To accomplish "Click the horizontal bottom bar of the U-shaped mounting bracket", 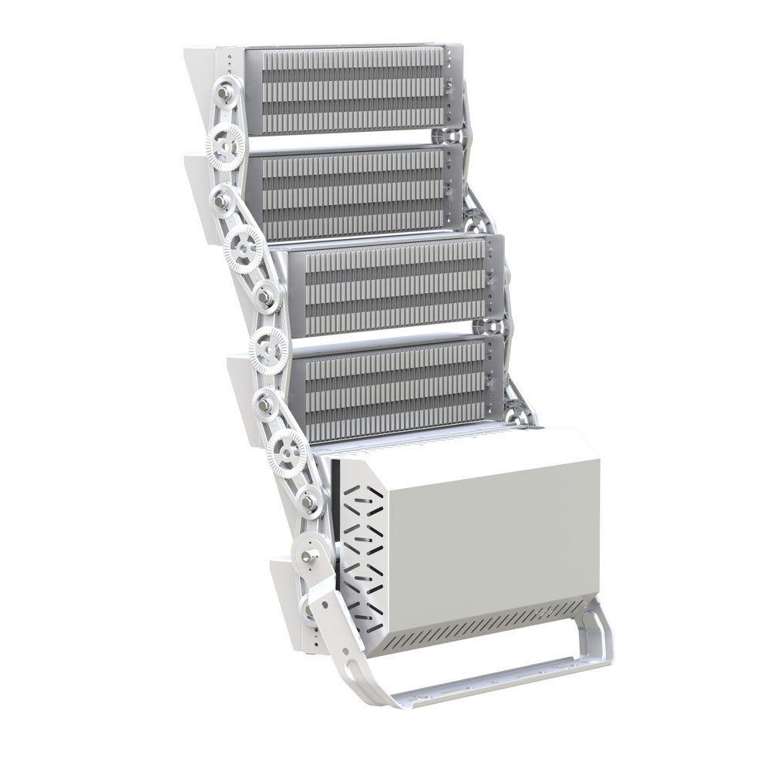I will click(x=493, y=678).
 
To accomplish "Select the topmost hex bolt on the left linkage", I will click(x=225, y=93).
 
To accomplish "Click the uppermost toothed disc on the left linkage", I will click(x=225, y=143).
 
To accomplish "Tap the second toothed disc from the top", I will click(x=244, y=247).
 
